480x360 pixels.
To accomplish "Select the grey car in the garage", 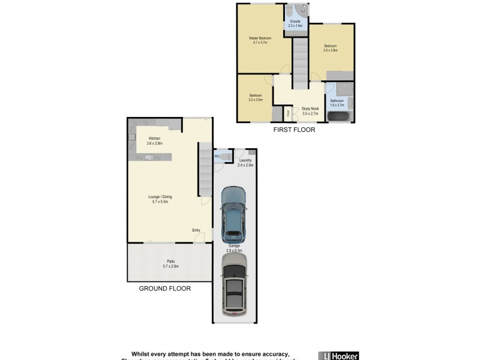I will tap(234, 285).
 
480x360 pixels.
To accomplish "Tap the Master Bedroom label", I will tap(261, 38).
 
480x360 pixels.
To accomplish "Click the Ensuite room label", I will tap(295, 23).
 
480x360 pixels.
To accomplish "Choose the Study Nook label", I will tap(310, 109).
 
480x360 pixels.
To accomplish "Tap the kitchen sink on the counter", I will tap(148, 158).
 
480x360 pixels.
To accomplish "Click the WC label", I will tap(218, 157).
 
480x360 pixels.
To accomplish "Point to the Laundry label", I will tap(245, 160).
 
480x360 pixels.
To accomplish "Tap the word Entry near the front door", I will tap(196, 230).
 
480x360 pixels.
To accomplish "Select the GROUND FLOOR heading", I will tap(164, 289).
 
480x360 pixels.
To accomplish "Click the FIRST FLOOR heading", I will tap(294, 130).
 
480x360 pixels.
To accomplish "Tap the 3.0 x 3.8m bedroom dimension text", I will tap(330, 50).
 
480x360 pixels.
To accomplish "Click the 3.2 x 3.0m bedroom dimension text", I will tap(256, 100).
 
